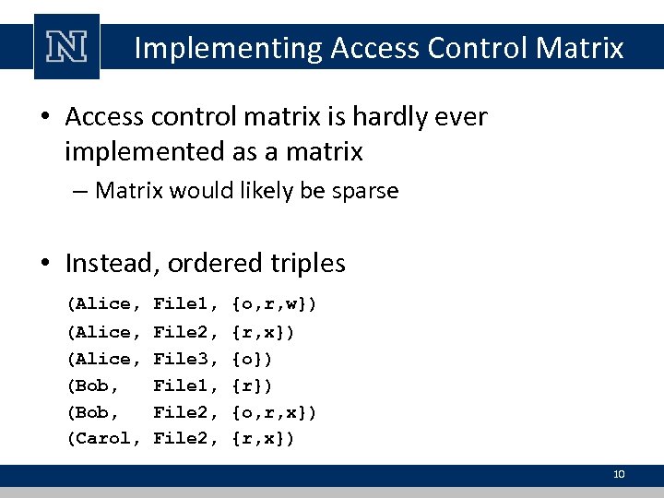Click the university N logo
(x=65, y=47)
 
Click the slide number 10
(x=619, y=474)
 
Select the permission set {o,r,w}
(x=276, y=303)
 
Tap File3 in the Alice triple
(x=185, y=357)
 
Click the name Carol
(x=103, y=438)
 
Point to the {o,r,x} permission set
(x=276, y=411)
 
